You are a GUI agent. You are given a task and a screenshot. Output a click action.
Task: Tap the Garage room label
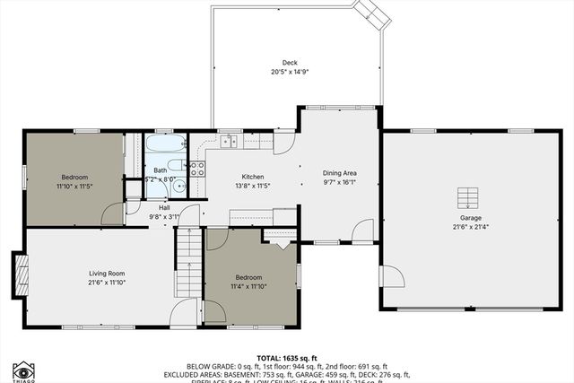point(471,218)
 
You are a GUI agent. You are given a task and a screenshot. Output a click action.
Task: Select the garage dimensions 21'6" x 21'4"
point(471,227)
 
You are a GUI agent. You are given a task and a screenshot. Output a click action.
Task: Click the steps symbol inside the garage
point(466,197)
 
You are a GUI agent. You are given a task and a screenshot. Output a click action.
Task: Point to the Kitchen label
point(253,177)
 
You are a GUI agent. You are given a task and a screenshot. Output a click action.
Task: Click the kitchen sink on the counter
point(229,141)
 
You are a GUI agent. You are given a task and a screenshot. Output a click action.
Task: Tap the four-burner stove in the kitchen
point(196,170)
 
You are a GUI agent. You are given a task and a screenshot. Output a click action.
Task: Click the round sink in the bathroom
point(178,187)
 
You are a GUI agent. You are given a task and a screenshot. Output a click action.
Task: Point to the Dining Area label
point(340,172)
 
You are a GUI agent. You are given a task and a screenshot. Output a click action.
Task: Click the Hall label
point(164,207)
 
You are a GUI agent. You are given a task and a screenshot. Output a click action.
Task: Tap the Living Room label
point(106,273)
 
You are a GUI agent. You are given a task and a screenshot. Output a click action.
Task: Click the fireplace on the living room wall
point(19,270)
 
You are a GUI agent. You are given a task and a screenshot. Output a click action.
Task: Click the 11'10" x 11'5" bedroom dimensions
point(74,187)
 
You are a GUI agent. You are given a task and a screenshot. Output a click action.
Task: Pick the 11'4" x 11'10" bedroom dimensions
point(248,286)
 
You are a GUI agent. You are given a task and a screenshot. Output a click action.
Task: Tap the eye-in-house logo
point(23,371)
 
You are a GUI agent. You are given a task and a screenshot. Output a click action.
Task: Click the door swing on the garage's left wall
point(391,276)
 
